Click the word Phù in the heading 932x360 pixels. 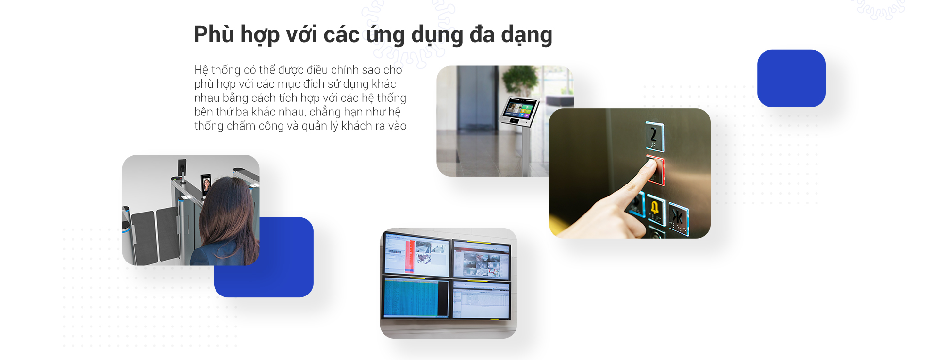212,34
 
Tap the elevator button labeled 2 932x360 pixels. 654,136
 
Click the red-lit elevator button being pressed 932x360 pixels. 656,170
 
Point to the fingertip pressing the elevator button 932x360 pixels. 649,166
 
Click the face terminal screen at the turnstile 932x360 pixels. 206,184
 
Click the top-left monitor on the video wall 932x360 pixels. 416,255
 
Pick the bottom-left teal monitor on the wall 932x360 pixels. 416,297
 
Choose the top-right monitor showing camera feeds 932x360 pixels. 482,261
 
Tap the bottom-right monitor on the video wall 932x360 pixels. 482,300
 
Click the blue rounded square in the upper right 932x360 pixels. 791,79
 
